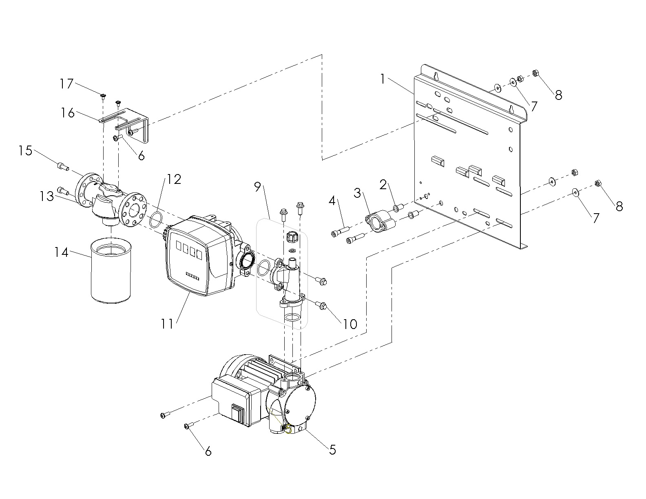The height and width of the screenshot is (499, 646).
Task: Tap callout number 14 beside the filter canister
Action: tap(61, 252)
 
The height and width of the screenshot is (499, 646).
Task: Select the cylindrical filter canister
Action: tap(111, 270)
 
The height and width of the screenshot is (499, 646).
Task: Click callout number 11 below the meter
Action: tap(167, 324)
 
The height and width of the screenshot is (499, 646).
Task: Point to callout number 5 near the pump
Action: tap(332, 450)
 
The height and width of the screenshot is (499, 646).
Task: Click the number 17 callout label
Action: tap(66, 84)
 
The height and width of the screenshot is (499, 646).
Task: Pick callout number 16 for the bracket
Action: tap(67, 113)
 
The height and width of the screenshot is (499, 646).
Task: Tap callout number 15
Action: tap(25, 150)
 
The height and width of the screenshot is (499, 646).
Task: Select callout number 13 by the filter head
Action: tap(46, 196)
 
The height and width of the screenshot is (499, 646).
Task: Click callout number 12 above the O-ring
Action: tap(174, 179)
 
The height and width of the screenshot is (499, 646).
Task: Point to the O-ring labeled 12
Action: tap(155, 219)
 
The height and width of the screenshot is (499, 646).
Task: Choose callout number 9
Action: tap(257, 187)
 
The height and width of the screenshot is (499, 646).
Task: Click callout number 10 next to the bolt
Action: tap(350, 324)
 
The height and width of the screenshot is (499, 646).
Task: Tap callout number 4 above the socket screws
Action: tap(332, 201)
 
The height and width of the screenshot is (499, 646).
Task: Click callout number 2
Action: tap(383, 185)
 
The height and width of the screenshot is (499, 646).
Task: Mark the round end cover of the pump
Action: tap(298, 406)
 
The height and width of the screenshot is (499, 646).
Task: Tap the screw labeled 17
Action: tap(103, 96)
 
